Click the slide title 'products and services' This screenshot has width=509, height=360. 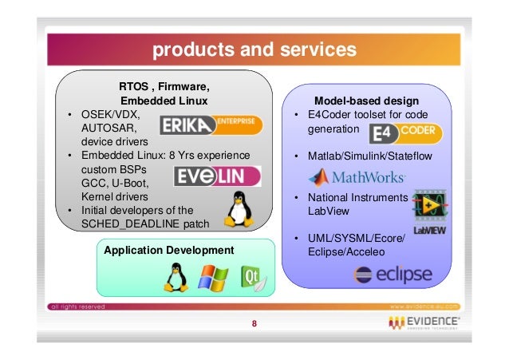pos(254,50)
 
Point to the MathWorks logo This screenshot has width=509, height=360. pos(357,176)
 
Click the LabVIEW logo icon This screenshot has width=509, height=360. pos(429,212)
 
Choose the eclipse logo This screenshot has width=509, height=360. pos(393,275)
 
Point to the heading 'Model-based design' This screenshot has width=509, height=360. pos(366,101)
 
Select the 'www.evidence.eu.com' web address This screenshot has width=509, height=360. pos(428,307)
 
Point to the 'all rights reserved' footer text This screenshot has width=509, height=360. pos(77,307)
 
